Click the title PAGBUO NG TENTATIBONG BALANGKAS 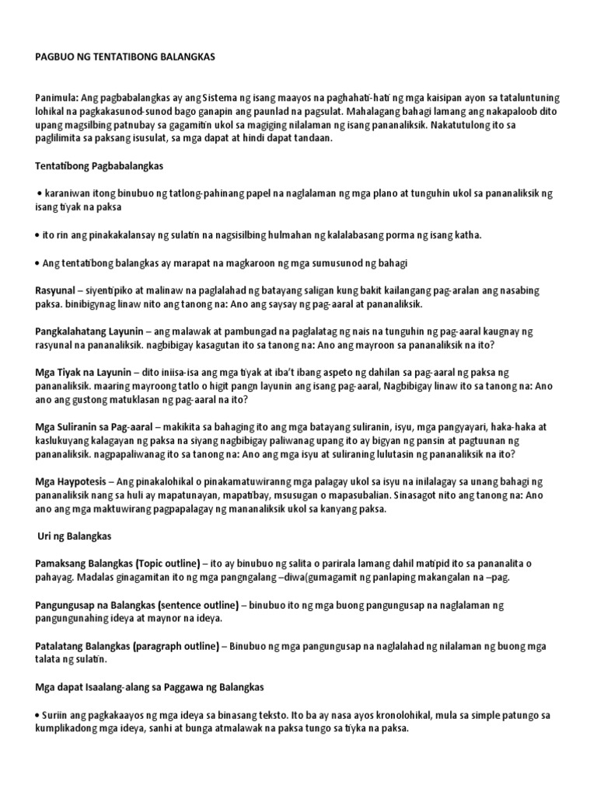click(125, 57)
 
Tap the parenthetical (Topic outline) click(174, 564)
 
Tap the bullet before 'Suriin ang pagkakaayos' click(38, 715)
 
